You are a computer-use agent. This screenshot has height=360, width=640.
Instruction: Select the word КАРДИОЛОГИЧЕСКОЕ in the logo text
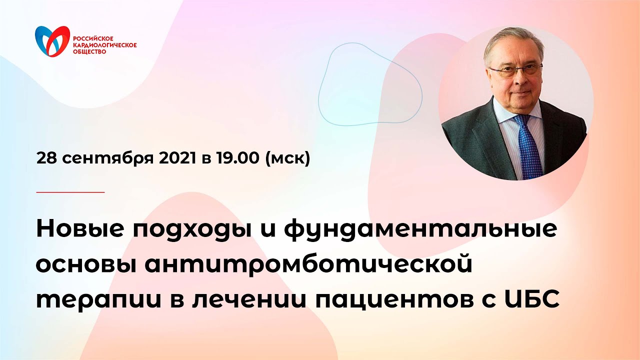point(104,45)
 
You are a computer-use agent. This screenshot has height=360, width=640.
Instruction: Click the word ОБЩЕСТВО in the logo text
point(89,51)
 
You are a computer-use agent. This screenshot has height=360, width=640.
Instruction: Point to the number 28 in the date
point(45,158)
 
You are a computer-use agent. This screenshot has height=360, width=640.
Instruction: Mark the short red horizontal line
point(70,192)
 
